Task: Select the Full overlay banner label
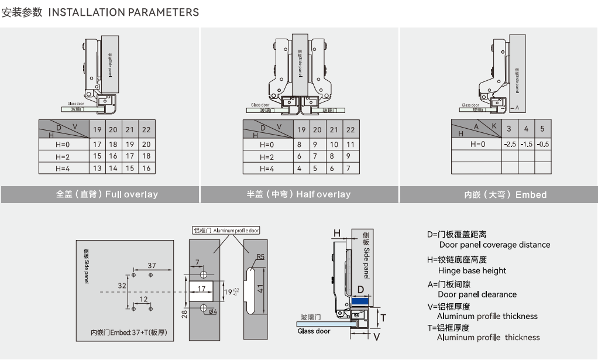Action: (107, 194)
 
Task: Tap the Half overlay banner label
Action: (298, 194)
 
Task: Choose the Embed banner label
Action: (506, 195)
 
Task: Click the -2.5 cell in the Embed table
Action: (510, 144)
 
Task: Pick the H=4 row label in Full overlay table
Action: (63, 168)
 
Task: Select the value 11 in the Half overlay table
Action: (350, 144)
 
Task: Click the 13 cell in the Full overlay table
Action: (97, 168)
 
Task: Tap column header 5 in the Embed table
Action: (542, 129)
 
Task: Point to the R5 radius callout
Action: (261, 256)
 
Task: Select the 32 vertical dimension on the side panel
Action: (122, 286)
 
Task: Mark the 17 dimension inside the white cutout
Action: (201, 289)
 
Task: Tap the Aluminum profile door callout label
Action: (227, 231)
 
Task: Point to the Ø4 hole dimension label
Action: (212, 311)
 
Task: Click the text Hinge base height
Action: (472, 270)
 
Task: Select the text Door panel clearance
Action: (477, 294)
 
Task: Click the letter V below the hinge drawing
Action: (376, 337)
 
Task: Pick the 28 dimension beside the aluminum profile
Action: (184, 314)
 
